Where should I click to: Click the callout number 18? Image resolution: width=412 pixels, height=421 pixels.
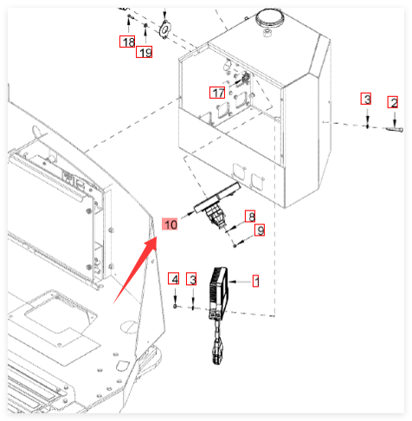tap(127, 42)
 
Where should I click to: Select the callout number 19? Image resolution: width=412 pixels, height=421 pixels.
tap(144, 52)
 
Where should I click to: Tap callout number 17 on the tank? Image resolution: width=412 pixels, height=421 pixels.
tap(217, 93)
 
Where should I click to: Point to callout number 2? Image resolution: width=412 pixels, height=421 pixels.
tap(393, 102)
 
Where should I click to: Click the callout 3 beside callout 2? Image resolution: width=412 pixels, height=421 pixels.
tap(366, 99)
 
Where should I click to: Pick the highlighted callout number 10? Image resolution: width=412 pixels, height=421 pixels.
tap(170, 224)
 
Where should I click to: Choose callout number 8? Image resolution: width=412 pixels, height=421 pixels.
tap(250, 216)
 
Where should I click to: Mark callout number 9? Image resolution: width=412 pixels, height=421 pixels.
tap(260, 230)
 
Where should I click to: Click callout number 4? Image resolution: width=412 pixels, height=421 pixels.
tap(174, 278)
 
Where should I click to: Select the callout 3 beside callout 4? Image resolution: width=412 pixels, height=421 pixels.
tap(191, 279)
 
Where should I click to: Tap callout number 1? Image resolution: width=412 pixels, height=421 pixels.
tap(255, 281)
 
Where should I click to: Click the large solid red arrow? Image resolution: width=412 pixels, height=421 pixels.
tap(135, 270)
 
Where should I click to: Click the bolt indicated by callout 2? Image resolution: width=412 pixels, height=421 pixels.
tap(395, 129)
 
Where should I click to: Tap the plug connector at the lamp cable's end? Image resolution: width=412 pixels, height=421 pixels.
tap(218, 352)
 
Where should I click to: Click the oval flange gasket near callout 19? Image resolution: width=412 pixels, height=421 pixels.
tap(165, 29)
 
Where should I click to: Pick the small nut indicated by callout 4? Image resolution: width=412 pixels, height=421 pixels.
tap(175, 306)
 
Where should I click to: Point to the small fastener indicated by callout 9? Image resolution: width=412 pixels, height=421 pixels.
tap(235, 245)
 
